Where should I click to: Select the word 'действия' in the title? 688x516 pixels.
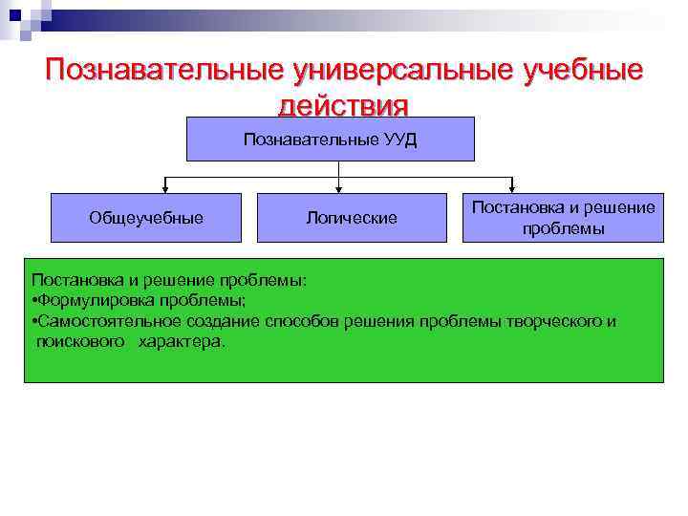pos(343,103)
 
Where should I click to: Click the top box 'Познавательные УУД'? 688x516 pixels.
pos(330,139)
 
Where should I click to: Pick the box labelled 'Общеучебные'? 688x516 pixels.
pos(146,218)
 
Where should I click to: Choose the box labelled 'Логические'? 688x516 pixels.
pos(352,218)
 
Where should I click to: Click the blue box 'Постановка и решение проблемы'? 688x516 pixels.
pos(563,217)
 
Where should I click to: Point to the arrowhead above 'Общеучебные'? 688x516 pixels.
pos(166,188)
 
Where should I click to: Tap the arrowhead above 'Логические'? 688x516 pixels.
pos(338,188)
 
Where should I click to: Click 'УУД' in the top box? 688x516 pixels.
pos(398,139)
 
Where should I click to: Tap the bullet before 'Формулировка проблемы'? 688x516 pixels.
pos(34,300)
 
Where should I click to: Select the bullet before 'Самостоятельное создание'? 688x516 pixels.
pos(34,321)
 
